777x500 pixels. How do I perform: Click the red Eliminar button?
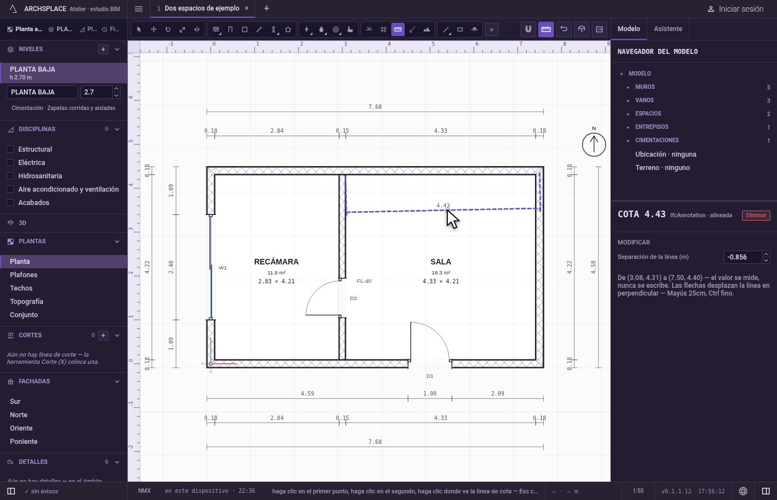point(756,216)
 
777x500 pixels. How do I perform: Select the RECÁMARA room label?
point(276,262)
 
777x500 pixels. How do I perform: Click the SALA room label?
point(441,262)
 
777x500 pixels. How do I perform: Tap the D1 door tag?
point(430,376)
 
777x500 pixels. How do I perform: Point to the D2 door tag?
point(353,298)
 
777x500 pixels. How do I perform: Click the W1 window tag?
point(223,268)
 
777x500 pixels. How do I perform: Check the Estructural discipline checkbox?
point(11,149)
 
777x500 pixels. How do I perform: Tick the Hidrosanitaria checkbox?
point(11,176)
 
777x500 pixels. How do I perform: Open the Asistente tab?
point(668,29)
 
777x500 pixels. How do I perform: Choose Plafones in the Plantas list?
point(23,274)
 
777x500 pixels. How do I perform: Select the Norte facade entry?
point(19,415)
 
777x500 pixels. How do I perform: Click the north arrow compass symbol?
point(594,144)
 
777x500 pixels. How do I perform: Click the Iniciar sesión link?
point(741,9)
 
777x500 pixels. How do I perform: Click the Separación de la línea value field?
point(743,257)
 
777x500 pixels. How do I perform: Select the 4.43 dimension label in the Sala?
point(443,206)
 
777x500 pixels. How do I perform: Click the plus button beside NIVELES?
point(103,49)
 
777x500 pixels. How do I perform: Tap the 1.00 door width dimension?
point(430,393)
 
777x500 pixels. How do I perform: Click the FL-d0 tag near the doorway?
point(364,281)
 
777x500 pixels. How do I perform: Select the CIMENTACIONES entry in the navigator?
point(657,140)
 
